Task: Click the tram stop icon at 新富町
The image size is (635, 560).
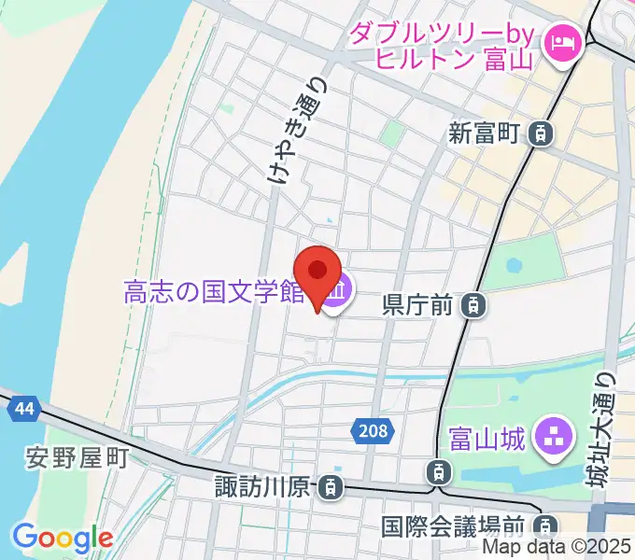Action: point(539,134)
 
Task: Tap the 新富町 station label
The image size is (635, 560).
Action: point(483,134)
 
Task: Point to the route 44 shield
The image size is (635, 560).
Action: point(20,407)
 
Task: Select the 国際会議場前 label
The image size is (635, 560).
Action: point(454,527)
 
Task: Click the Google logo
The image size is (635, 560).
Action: point(63,538)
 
